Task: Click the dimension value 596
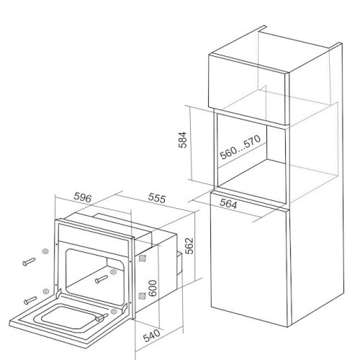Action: (83, 197)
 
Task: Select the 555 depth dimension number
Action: (157, 198)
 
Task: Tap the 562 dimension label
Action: (189, 246)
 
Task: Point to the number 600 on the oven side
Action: (152, 288)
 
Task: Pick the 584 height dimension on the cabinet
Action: (182, 140)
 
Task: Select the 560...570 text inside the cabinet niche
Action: (240, 147)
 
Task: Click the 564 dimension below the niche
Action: (228, 204)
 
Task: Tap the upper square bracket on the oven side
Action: (143, 258)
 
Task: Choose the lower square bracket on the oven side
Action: (142, 296)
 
